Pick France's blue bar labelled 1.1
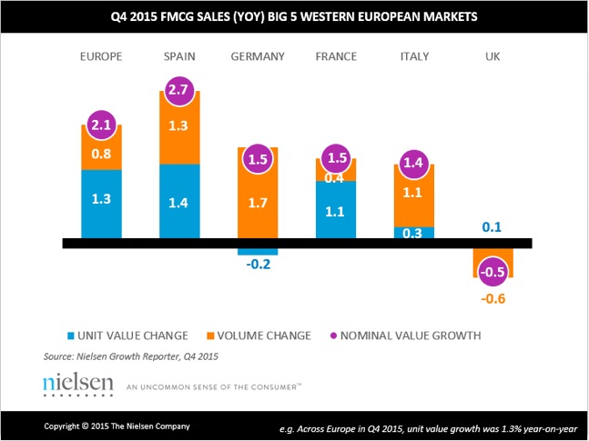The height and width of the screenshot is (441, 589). [x=336, y=212]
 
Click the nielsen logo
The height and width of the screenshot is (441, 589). [x=78, y=383]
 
